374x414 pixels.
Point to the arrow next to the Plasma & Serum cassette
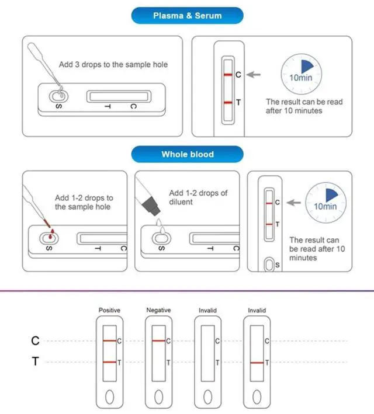[253, 75]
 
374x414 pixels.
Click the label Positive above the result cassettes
[109, 310]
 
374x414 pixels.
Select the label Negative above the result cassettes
[158, 310]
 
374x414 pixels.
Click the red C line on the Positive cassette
[109, 340]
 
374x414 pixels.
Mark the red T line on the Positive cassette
[109, 363]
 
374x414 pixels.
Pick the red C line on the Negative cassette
[158, 340]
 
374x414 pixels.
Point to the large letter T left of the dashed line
[35, 363]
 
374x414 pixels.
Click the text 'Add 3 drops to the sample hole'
[113, 64]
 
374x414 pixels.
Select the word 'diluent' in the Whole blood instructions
[182, 202]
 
